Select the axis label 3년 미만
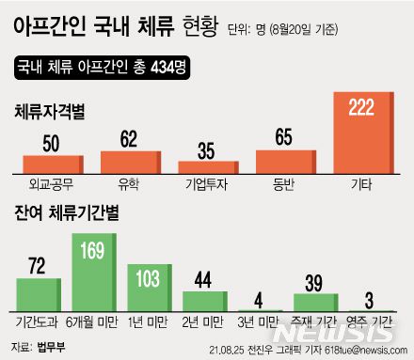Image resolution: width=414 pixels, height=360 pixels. [258, 321]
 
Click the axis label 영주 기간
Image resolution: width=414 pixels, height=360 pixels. [370, 321]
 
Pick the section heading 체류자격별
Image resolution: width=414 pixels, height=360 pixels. [50, 112]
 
